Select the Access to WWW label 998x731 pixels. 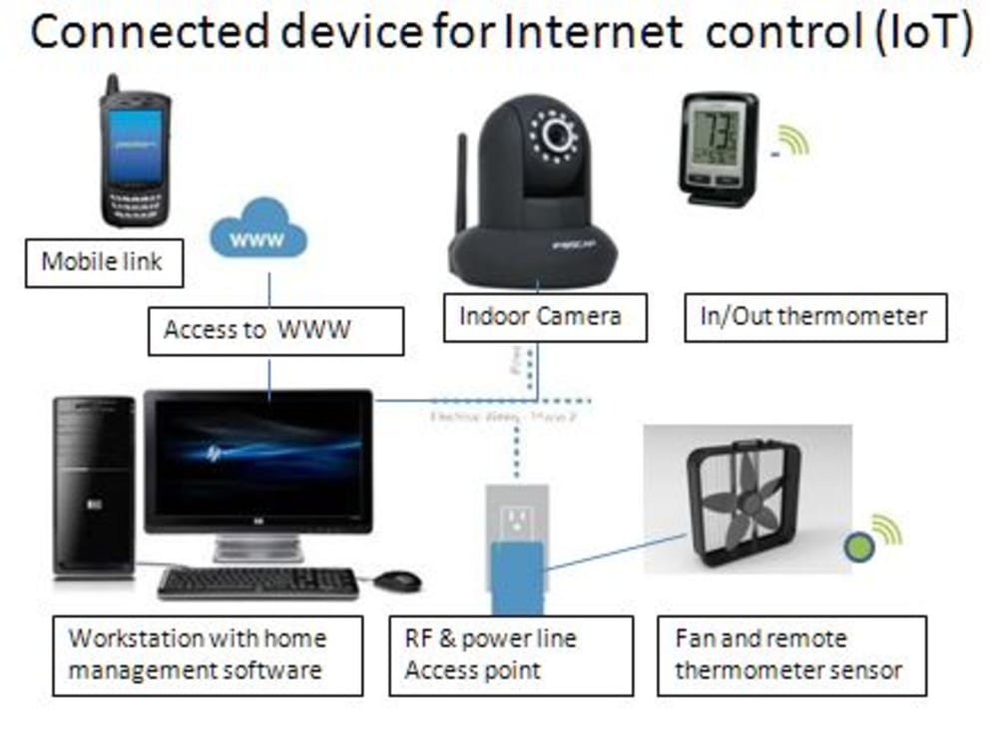[x=274, y=329]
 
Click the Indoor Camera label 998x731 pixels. [x=540, y=317]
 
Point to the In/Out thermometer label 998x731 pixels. [x=814, y=317]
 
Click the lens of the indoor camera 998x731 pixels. [x=556, y=134]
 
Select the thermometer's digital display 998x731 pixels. [x=717, y=134]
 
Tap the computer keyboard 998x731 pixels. [x=257, y=581]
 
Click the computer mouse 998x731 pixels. [x=397, y=579]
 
